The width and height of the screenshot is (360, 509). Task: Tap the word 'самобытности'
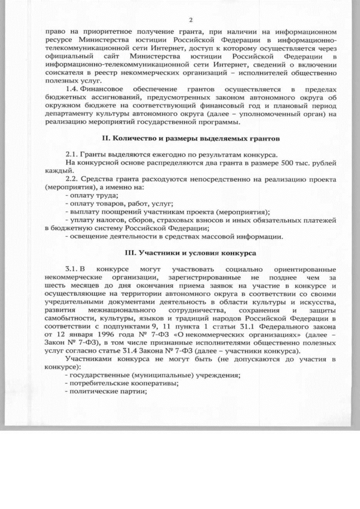click(69, 317)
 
